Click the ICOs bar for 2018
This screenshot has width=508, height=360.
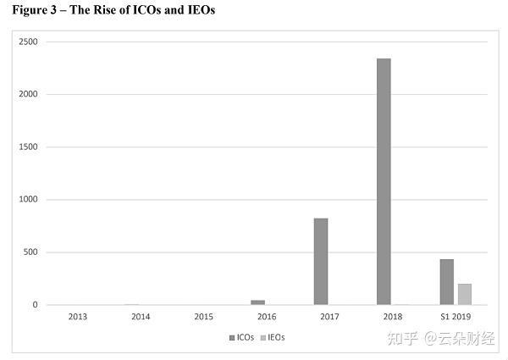tap(384, 181)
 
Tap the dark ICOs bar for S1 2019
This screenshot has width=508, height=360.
tap(447, 282)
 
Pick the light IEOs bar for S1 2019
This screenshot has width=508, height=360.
tap(464, 294)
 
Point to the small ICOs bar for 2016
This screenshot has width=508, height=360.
tap(258, 302)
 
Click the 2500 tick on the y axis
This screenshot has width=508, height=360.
tap(30, 42)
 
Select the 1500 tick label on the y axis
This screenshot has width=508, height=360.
tap(30, 147)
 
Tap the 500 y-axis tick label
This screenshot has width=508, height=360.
tap(32, 252)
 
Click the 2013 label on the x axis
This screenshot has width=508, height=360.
tap(77, 317)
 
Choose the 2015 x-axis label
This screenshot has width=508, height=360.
tap(203, 317)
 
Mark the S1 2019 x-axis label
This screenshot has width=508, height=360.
tap(455, 317)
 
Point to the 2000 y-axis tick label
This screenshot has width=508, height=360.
tap(30, 94)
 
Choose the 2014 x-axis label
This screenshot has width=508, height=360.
tap(141, 317)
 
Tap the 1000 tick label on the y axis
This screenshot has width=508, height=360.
tap(30, 199)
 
